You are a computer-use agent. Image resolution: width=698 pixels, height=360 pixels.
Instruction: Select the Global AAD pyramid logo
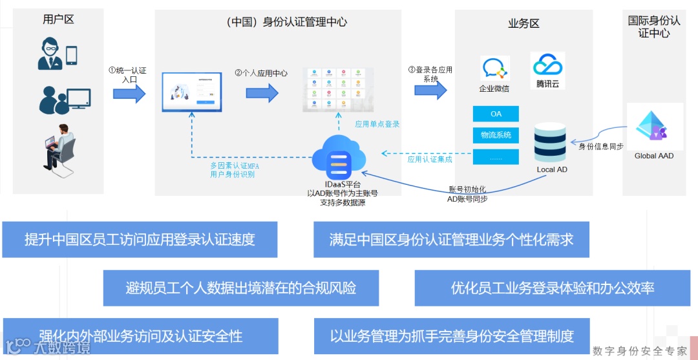point(651,127)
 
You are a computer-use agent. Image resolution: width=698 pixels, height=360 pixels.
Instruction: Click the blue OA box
point(496,114)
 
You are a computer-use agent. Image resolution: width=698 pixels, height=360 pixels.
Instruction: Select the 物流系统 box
point(496,135)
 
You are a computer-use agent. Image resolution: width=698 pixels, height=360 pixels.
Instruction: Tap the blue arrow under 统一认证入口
point(129,94)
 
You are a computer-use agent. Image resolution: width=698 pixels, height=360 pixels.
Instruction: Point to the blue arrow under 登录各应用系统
point(430,91)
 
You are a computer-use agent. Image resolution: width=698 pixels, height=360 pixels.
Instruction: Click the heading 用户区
point(58,19)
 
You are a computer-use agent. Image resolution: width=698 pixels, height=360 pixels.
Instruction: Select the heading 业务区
point(523,24)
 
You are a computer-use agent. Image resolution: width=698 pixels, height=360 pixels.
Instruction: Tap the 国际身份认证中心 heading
point(654,26)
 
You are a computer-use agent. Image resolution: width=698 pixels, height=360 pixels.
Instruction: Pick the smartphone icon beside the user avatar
point(71,56)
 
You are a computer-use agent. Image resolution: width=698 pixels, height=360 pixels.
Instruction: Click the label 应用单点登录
point(377,124)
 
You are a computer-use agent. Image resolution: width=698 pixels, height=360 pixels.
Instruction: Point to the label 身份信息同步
point(600,147)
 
